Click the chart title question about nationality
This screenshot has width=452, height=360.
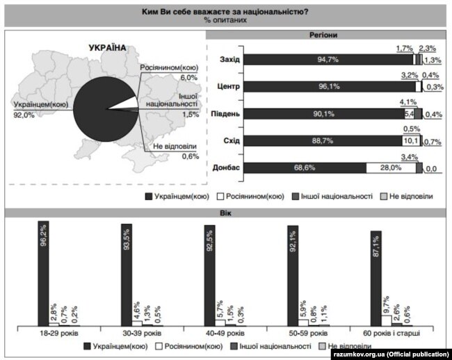(225, 10)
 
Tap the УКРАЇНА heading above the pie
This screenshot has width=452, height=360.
(108, 48)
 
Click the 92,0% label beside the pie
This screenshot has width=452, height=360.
(24, 116)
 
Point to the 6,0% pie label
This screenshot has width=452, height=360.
(170, 78)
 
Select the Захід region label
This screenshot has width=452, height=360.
(229, 60)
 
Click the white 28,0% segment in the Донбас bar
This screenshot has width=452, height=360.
(391, 167)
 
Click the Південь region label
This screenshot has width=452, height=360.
(227, 114)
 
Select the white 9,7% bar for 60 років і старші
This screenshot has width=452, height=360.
(385, 320)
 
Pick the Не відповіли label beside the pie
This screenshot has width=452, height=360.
(175, 147)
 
